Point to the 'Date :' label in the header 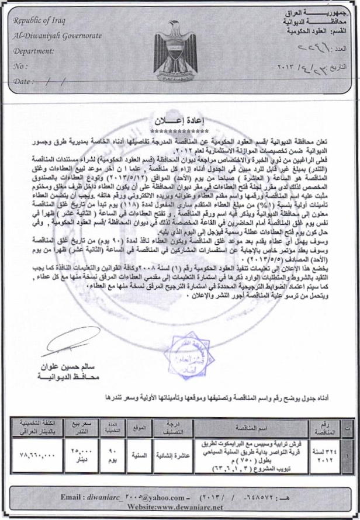coord(23,81)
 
